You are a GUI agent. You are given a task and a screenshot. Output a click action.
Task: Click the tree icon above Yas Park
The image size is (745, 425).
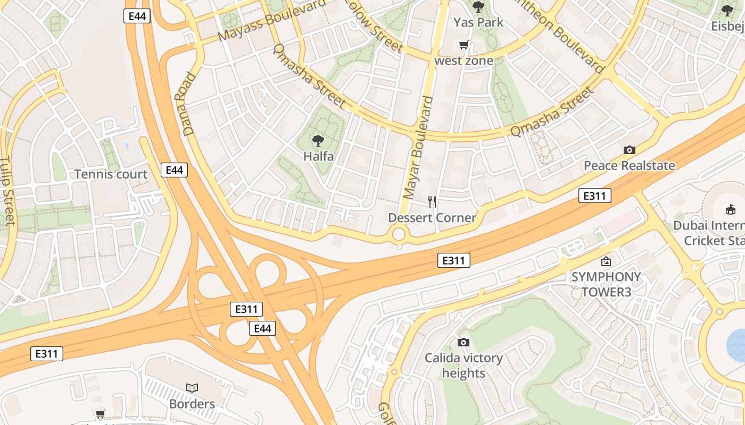tap(478, 7)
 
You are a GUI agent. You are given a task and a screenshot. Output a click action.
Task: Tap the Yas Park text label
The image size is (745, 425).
tap(478, 22)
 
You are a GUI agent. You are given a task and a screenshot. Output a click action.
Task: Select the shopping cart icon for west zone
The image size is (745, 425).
tap(463, 45)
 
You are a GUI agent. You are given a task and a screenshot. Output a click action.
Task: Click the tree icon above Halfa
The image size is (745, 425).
tap(318, 141)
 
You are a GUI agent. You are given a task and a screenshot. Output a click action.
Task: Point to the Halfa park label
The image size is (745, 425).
tap(318, 156)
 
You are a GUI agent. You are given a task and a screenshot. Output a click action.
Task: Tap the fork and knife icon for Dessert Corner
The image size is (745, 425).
tap(432, 202)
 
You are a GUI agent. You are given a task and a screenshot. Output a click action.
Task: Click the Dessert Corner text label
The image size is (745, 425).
tap(432, 218)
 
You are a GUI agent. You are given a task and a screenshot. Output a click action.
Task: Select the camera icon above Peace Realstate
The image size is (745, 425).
tap(629, 150)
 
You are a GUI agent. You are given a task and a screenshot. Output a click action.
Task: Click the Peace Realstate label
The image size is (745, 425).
tap(629, 166)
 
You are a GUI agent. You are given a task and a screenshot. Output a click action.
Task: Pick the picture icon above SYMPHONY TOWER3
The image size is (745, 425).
tap(606, 261)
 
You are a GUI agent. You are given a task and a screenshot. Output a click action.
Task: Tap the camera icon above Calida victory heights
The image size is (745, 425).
tap(463, 342)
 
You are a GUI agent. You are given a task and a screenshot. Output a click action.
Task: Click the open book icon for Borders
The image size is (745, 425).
tap(192, 388)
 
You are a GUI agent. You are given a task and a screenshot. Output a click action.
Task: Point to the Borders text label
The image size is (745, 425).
tap(192, 404)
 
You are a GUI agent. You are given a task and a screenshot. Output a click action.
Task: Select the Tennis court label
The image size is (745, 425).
tap(111, 174)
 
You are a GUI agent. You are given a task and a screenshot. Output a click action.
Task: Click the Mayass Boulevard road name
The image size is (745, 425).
tap(271, 21)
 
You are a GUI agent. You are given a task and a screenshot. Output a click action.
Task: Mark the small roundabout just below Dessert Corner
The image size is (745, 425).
tap(398, 234)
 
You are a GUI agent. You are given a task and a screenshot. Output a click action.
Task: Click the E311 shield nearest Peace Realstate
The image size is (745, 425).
tap(594, 196)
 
